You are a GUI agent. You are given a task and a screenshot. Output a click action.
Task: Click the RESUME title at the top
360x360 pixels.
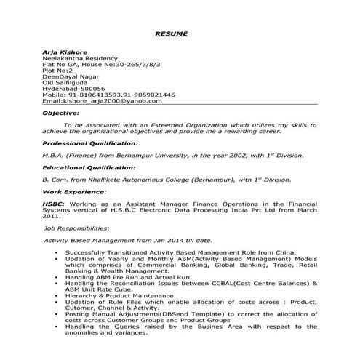(172, 34)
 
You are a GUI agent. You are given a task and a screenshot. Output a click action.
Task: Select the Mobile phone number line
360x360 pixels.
(108, 95)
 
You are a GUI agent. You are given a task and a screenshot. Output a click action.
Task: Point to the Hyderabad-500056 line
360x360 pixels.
(74, 88)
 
